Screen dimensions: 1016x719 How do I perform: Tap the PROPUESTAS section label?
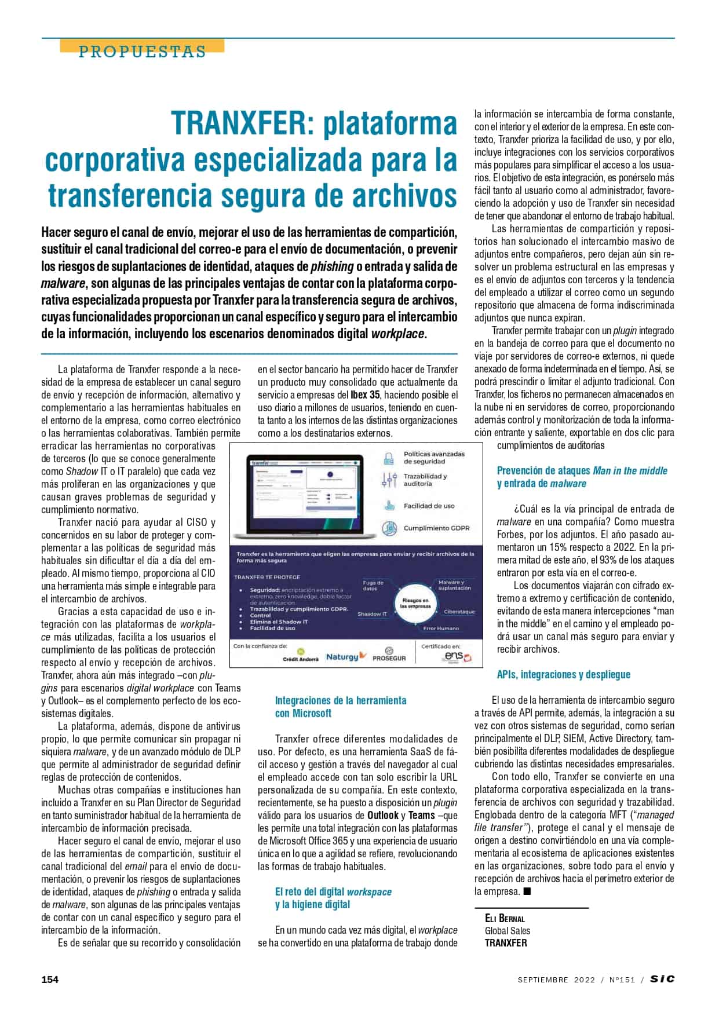(142, 52)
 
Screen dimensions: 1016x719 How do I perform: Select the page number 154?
(50, 980)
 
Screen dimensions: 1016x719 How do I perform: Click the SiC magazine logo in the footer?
(662, 979)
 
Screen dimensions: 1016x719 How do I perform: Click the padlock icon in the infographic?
(388, 458)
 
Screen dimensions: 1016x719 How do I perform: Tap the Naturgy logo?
(346, 656)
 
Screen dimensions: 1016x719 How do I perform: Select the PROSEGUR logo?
(389, 655)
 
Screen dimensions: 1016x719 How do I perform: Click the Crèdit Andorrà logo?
(301, 656)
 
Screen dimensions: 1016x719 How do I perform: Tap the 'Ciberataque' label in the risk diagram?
(459, 611)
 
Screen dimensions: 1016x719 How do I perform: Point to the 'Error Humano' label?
(440, 628)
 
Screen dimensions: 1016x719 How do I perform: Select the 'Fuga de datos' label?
(373, 585)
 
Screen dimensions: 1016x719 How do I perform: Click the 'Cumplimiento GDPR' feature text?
(436, 528)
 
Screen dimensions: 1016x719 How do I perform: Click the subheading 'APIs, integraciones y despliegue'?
(563, 674)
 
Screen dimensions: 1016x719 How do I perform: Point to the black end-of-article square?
(527, 891)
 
